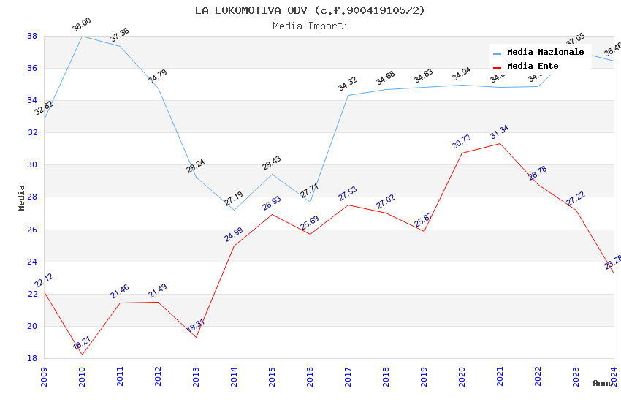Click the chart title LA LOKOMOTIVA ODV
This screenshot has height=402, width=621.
point(310,10)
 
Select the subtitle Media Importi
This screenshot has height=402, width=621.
point(310,26)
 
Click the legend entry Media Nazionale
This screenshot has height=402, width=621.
point(545,52)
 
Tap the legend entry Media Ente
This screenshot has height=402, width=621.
point(533,66)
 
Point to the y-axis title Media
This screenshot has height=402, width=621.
point(22,197)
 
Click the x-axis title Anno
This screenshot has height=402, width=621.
point(603,383)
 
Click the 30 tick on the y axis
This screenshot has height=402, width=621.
point(32,165)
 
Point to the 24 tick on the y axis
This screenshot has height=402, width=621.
point(32,262)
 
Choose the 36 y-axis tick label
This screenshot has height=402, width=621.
point(32,68)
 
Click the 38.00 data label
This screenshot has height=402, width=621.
point(81,27)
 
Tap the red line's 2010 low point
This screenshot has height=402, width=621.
point(82,355)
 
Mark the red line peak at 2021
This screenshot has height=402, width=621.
point(500,143)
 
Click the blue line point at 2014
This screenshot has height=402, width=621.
point(234,210)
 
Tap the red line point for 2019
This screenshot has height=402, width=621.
point(424,232)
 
